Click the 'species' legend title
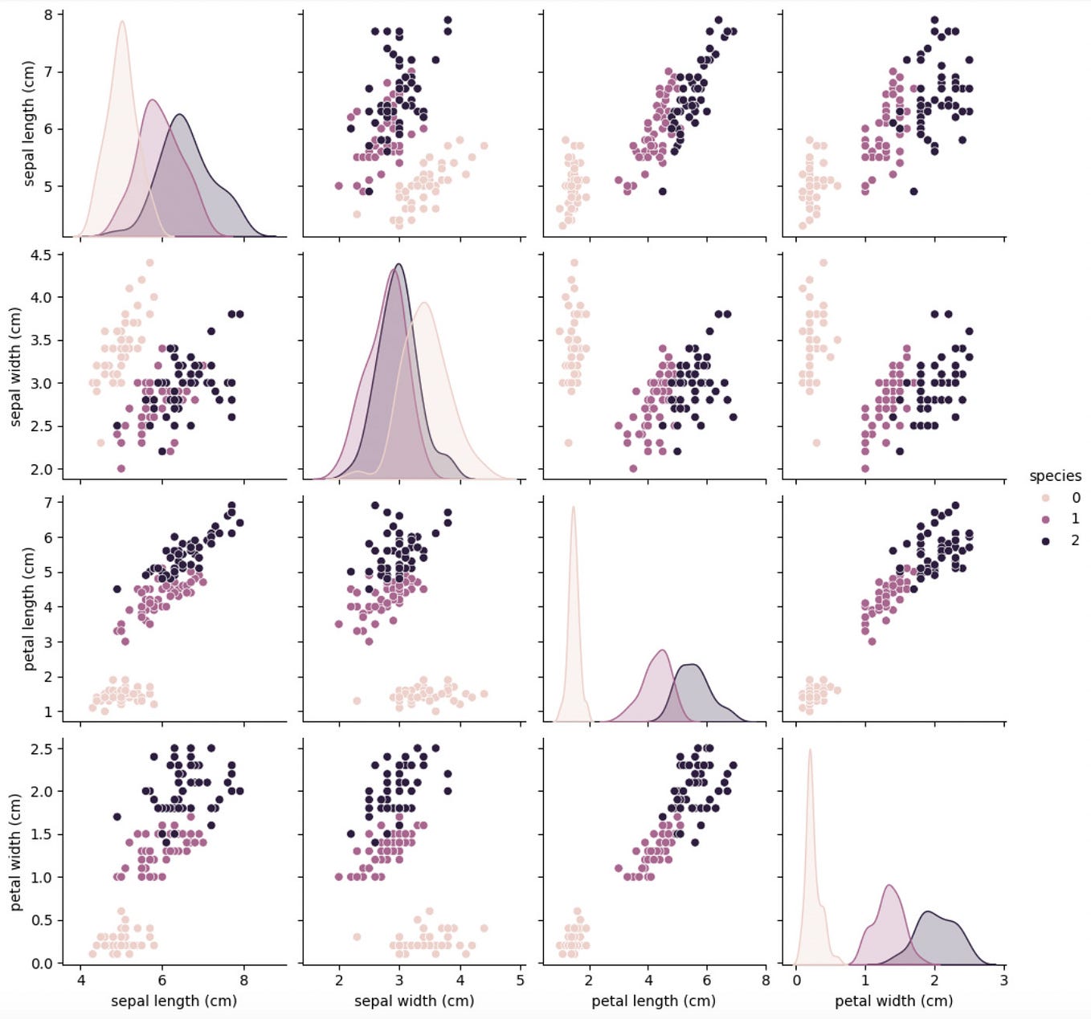coord(1055,476)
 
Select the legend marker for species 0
coord(1045,498)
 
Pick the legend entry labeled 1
coord(1074,520)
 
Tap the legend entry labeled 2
coord(1074,540)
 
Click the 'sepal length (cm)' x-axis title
coord(174,1001)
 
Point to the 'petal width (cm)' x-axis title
coord(893,1001)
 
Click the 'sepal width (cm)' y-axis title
coord(15,366)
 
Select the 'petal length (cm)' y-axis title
coord(29,609)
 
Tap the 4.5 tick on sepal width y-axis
coord(40,255)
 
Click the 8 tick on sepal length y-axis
coord(48,14)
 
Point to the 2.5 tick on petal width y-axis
coord(40,748)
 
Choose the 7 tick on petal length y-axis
coord(48,503)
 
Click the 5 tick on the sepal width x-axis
coord(521,980)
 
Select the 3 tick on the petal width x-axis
coord(1004,980)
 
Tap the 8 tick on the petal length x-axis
coord(766,980)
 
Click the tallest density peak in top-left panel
coord(122,22)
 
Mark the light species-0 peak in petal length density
coord(573,507)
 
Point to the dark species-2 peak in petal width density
coord(929,911)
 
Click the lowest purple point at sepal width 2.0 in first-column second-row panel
coord(121,468)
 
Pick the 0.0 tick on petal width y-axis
coord(40,963)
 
